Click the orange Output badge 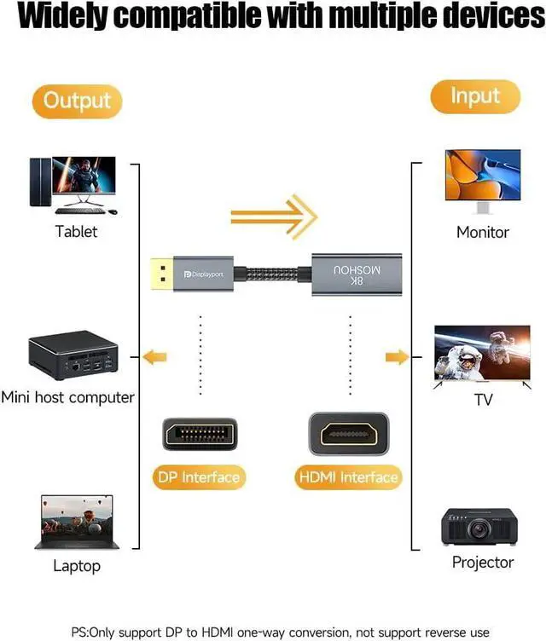[77, 101]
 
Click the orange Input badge [475, 96]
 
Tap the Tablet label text [76, 231]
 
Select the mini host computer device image [73, 355]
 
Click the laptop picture [76, 522]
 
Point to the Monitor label [482, 232]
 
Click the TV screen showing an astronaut [482, 352]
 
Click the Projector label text [482, 563]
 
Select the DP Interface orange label [200, 477]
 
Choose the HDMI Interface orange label [348, 477]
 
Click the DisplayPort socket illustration [200, 434]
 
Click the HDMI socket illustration [348, 434]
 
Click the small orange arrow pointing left [154, 356]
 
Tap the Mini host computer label [68, 397]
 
